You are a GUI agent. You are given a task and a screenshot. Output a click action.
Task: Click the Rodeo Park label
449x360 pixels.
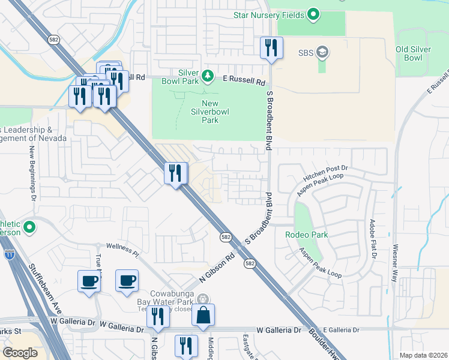pos(307,235)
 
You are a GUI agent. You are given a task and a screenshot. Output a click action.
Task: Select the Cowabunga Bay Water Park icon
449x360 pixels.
pos(203,298)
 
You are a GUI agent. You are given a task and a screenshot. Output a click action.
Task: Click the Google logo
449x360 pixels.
pos(20,352)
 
